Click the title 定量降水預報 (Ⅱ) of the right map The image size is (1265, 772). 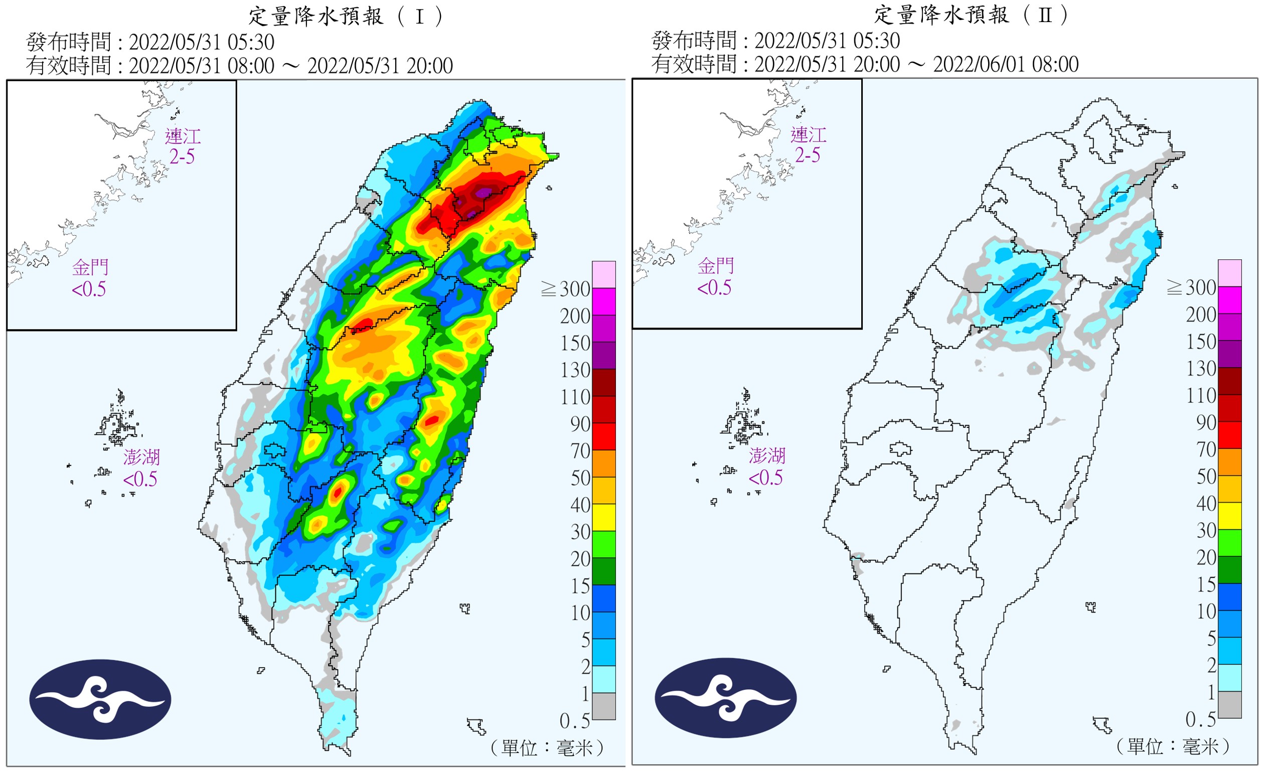[972, 15]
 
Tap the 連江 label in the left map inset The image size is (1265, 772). [183, 136]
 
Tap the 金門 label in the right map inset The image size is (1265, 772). [716, 266]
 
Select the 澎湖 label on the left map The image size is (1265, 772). [141, 457]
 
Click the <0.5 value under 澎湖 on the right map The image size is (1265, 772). [765, 478]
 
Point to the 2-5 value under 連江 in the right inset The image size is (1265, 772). [808, 155]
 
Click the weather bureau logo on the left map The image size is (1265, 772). [100, 699]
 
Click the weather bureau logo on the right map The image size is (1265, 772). [725, 698]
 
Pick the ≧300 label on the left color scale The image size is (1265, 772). [566, 289]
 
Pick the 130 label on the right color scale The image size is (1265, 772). [1201, 369]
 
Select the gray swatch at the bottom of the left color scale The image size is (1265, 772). [604, 706]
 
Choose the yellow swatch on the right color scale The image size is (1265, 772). [1229, 516]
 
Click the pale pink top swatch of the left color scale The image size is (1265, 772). [604, 274]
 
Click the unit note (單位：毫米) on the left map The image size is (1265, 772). [547, 748]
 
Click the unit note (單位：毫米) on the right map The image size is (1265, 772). [1173, 746]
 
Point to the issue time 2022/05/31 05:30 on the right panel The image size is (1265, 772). [827, 41]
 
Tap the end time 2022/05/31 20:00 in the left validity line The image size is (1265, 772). [380, 66]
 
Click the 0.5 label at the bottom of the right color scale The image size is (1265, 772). [1200, 720]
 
